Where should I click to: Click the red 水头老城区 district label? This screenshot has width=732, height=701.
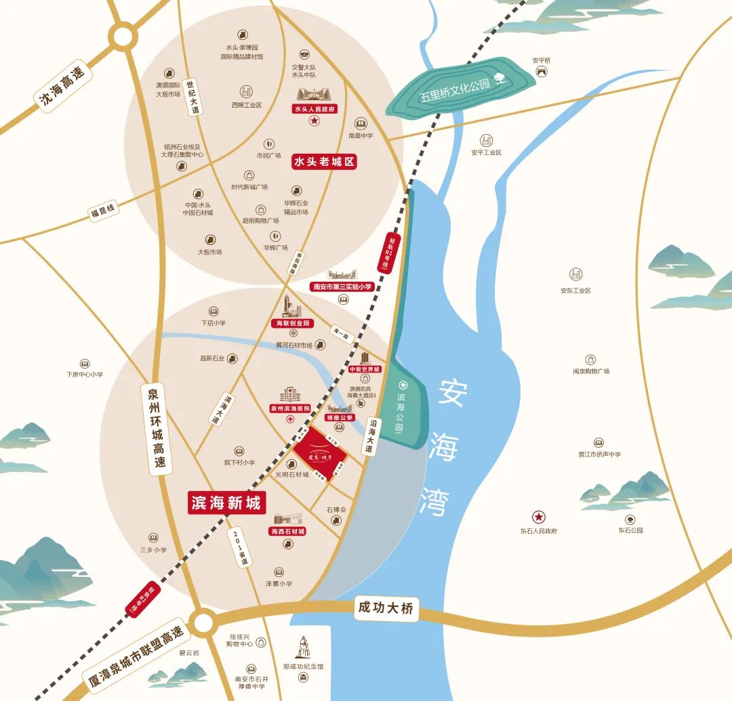324,162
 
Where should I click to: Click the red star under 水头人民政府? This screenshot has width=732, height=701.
314,121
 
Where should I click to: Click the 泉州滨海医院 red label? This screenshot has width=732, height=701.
289,408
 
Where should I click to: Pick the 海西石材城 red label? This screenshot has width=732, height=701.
287,532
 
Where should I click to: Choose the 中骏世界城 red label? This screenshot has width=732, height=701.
365,370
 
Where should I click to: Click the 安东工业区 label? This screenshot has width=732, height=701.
575,291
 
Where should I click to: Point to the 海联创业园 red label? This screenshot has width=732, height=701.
293,324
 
